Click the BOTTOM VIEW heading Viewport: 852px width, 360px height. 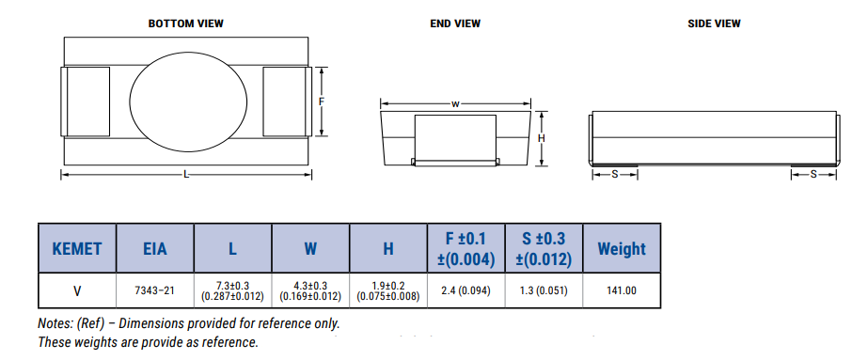[x=186, y=23]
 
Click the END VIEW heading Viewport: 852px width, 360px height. [x=454, y=23]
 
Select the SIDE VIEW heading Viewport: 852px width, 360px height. [x=714, y=23]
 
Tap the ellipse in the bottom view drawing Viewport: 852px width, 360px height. [x=184, y=102]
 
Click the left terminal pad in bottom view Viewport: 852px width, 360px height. [x=85, y=102]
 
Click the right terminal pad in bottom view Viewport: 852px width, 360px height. [x=285, y=102]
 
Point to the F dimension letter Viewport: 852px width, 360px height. [x=322, y=102]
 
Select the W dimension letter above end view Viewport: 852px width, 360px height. [x=455, y=104]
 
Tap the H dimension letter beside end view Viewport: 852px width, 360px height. [x=542, y=137]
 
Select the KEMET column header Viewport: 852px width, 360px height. [x=76, y=249]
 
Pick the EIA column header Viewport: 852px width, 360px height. [x=154, y=249]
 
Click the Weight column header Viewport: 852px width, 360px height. [x=622, y=249]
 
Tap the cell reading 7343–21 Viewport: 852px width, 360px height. [x=154, y=290]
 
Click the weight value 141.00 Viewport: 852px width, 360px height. [x=622, y=290]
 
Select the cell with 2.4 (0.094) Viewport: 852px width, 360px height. [x=465, y=290]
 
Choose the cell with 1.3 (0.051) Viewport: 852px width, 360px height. [x=544, y=290]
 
